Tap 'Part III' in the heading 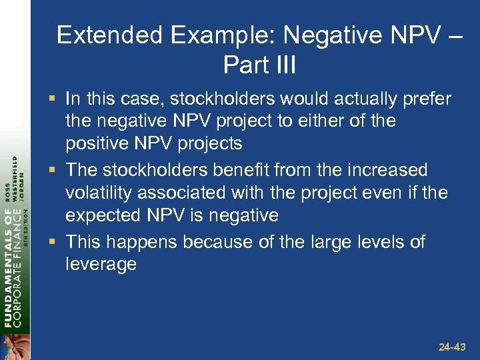[x=259, y=65]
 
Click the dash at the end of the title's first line [x=454, y=35]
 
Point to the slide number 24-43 [x=453, y=347]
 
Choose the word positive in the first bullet [x=95, y=144]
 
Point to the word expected [x=101, y=215]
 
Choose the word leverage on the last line [x=101, y=264]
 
